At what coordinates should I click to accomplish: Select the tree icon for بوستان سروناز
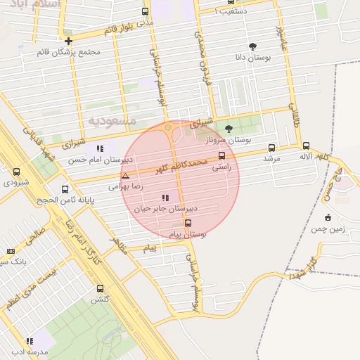pos(229,129)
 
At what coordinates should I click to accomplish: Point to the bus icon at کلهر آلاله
pos(306,146)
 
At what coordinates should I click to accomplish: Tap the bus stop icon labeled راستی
pos(222,156)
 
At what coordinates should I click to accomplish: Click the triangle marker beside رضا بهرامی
pos(125,176)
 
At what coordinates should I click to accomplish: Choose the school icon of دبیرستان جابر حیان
pos(165,198)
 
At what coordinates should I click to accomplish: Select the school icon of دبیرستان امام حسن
pos(100,148)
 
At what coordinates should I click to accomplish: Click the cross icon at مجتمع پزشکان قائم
pos(68,41)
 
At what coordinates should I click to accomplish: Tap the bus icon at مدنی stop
pos(145,11)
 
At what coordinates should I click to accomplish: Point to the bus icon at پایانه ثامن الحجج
pos(65,189)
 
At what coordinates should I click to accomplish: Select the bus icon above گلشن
pos(100,288)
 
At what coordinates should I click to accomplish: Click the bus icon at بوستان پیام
pos(187,223)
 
